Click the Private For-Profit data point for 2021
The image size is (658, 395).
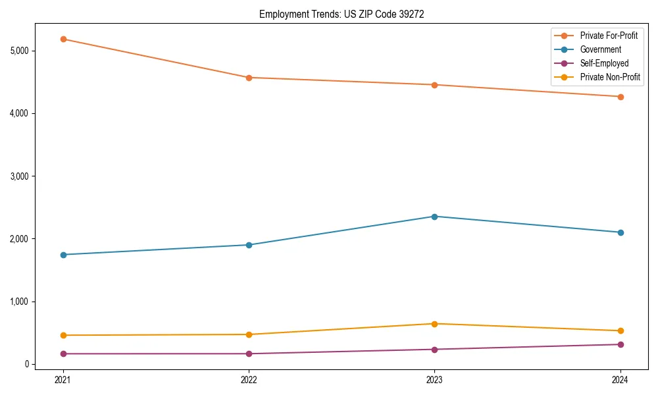tap(63, 39)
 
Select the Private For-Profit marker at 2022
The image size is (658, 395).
tap(249, 78)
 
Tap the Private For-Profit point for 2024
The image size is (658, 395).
tap(620, 97)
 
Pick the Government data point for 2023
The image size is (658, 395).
tap(434, 217)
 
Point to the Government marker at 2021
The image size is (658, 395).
tap(63, 255)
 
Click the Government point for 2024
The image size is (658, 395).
tap(620, 232)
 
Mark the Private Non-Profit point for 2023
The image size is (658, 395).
tap(434, 324)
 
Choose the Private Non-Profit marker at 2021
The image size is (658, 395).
tap(63, 335)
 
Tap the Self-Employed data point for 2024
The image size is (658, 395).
tap(620, 344)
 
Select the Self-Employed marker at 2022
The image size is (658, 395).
tap(249, 354)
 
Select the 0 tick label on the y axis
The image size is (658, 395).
tap(28, 364)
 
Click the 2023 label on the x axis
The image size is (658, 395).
tap(434, 379)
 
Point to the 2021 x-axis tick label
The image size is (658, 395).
tap(63, 379)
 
